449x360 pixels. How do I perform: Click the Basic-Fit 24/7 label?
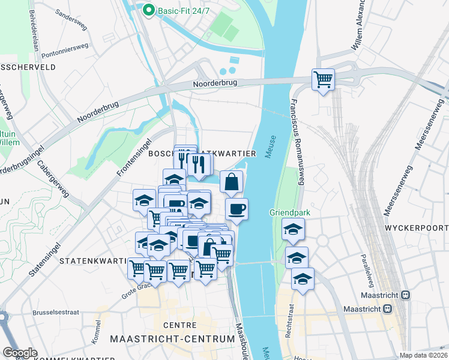[x=180, y=10]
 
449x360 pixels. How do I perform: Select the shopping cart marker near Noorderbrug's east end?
[x=323, y=79]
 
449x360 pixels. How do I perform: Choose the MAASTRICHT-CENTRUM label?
[x=172, y=339]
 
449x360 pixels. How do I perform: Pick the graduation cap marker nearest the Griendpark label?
[x=293, y=229]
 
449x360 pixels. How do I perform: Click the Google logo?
[x=20, y=353]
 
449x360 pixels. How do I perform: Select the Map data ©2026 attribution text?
[x=423, y=355]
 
